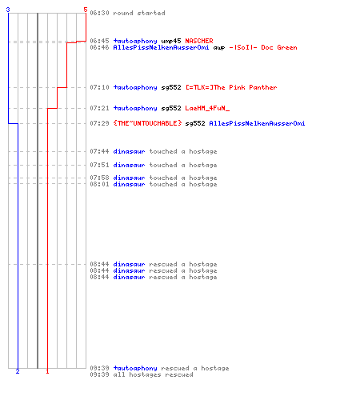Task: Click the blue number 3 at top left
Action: (8, 10)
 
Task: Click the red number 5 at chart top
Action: (86, 10)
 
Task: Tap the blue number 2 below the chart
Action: (18, 371)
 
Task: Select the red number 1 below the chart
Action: (47, 371)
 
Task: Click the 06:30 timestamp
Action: (99, 13)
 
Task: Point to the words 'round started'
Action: (139, 13)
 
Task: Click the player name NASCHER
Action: (199, 41)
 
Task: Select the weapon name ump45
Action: (171, 41)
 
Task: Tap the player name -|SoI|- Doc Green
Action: (263, 47)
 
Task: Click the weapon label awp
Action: (219, 48)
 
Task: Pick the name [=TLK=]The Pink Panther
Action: (231, 87)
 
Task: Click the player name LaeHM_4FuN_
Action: (207, 108)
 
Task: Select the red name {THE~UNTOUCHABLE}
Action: (147, 123)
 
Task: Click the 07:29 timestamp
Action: (99, 123)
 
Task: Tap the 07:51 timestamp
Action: (99, 165)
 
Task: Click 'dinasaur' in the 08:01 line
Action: (129, 184)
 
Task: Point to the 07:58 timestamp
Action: (99, 178)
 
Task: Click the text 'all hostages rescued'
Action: (161, 374)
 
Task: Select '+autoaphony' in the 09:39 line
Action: (135, 368)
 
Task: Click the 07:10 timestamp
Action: (99, 87)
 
